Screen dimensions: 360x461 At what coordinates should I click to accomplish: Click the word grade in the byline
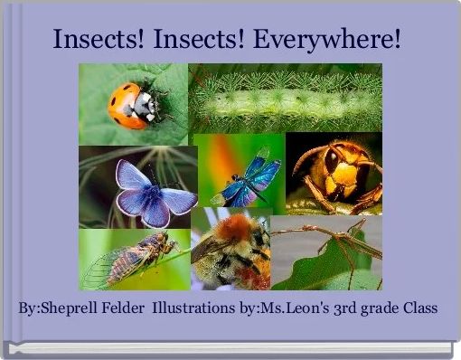click(380, 308)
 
